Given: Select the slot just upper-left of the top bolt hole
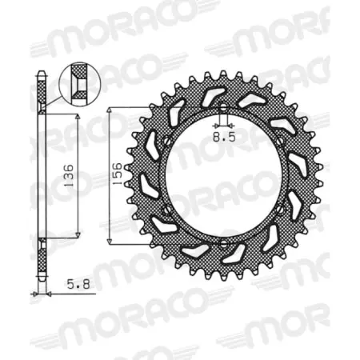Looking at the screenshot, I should [211, 98].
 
